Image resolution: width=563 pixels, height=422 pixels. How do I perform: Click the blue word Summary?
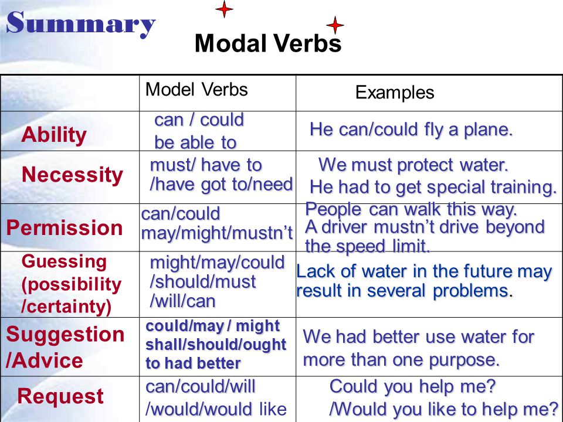pos(81,23)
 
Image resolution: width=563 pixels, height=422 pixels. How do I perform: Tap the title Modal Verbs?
pos(268,43)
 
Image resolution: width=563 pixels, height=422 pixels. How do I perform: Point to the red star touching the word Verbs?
pos(335,25)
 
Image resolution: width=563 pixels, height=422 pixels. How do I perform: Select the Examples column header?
pos(395,93)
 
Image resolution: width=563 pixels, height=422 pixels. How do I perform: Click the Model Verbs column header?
pos(196,89)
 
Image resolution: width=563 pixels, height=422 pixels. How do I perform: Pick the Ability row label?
pos(54,135)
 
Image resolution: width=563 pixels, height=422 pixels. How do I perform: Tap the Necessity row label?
pos(72,175)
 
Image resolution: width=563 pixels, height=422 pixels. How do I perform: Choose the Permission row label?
pos(65,228)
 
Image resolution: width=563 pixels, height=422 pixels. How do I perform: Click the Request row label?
pos(60,397)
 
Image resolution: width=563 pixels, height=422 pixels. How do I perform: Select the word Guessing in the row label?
pos(64,262)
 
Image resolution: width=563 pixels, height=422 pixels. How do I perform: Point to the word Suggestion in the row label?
pos(65,335)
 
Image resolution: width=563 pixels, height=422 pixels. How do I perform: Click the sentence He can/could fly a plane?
pos(411,130)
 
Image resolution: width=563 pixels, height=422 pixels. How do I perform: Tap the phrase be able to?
pos(195,143)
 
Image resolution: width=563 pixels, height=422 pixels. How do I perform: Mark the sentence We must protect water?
pos(413,165)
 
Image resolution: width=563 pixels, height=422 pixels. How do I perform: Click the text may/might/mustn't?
pos(217,233)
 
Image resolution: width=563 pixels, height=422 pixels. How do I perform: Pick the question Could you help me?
pos(412,387)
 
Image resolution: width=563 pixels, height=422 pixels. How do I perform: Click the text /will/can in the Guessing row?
pos(182,301)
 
